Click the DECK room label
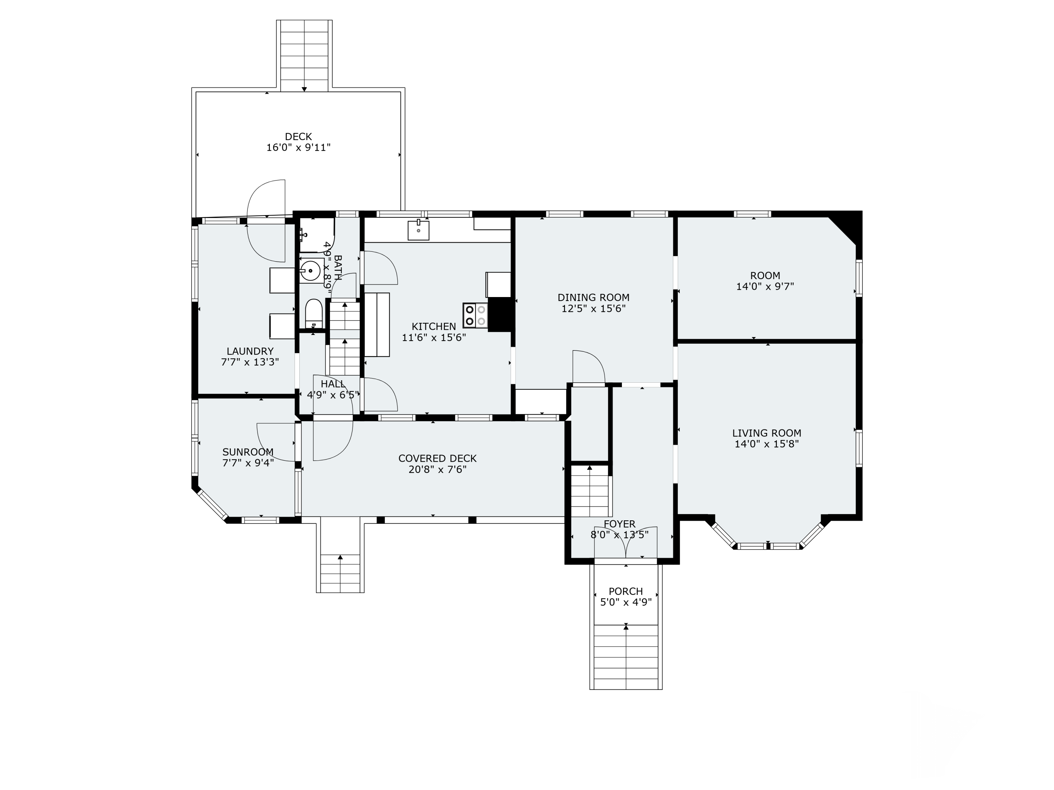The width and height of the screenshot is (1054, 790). tap(298, 137)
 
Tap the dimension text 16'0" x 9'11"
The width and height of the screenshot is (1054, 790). tap(298, 147)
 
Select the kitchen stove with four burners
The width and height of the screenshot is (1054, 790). tap(475, 315)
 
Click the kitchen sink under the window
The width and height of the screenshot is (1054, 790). tap(418, 230)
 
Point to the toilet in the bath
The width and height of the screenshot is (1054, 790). tap(313, 312)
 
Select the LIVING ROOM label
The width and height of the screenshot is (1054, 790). tap(766, 433)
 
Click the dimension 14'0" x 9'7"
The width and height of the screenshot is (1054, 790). tap(765, 287)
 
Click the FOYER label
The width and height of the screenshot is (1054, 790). tap(619, 524)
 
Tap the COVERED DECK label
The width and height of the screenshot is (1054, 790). tap(437, 459)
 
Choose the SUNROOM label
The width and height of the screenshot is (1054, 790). tap(248, 452)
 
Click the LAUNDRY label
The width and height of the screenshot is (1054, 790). tap(250, 351)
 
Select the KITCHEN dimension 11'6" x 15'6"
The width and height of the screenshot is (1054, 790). tap(434, 338)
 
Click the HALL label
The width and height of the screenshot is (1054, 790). tap(333, 384)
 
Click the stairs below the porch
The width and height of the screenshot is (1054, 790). tap(626, 658)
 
